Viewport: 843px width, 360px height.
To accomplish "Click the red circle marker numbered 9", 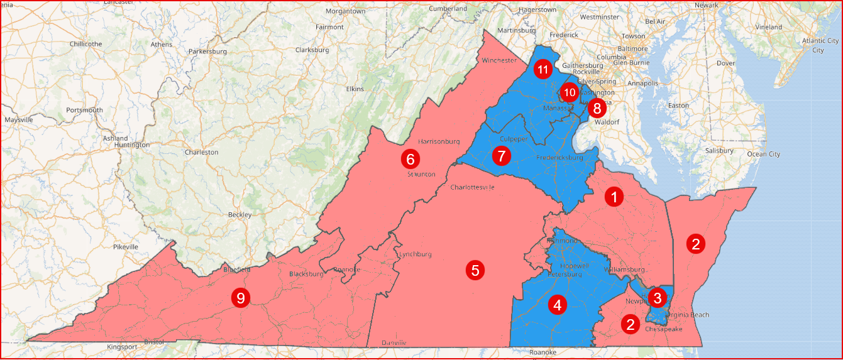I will (x=240, y=298).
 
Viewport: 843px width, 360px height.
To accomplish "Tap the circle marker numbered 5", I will (x=475, y=271).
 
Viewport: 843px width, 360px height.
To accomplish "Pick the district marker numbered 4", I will (x=557, y=305).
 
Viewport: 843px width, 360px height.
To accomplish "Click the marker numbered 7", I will (x=501, y=155).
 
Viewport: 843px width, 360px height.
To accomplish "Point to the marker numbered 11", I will (x=543, y=70).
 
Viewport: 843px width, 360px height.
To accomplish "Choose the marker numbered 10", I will (x=569, y=92).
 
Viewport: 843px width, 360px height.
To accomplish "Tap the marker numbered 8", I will (x=597, y=108).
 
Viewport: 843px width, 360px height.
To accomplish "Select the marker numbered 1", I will (x=614, y=197).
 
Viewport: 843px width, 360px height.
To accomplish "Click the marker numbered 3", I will (x=657, y=297).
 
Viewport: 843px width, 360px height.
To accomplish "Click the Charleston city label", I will (x=201, y=152).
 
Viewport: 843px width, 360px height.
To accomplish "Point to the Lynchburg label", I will (x=415, y=254).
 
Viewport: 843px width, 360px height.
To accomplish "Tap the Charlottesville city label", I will (x=472, y=187).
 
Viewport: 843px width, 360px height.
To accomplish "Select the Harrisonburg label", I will (x=439, y=141).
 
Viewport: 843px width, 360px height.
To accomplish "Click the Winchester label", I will (x=499, y=60).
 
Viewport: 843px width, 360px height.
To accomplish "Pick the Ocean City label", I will (x=763, y=154).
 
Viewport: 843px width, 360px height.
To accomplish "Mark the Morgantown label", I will (x=345, y=11).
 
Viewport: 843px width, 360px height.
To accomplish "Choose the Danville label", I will (x=394, y=342).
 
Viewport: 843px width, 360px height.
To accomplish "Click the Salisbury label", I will (x=719, y=151).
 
